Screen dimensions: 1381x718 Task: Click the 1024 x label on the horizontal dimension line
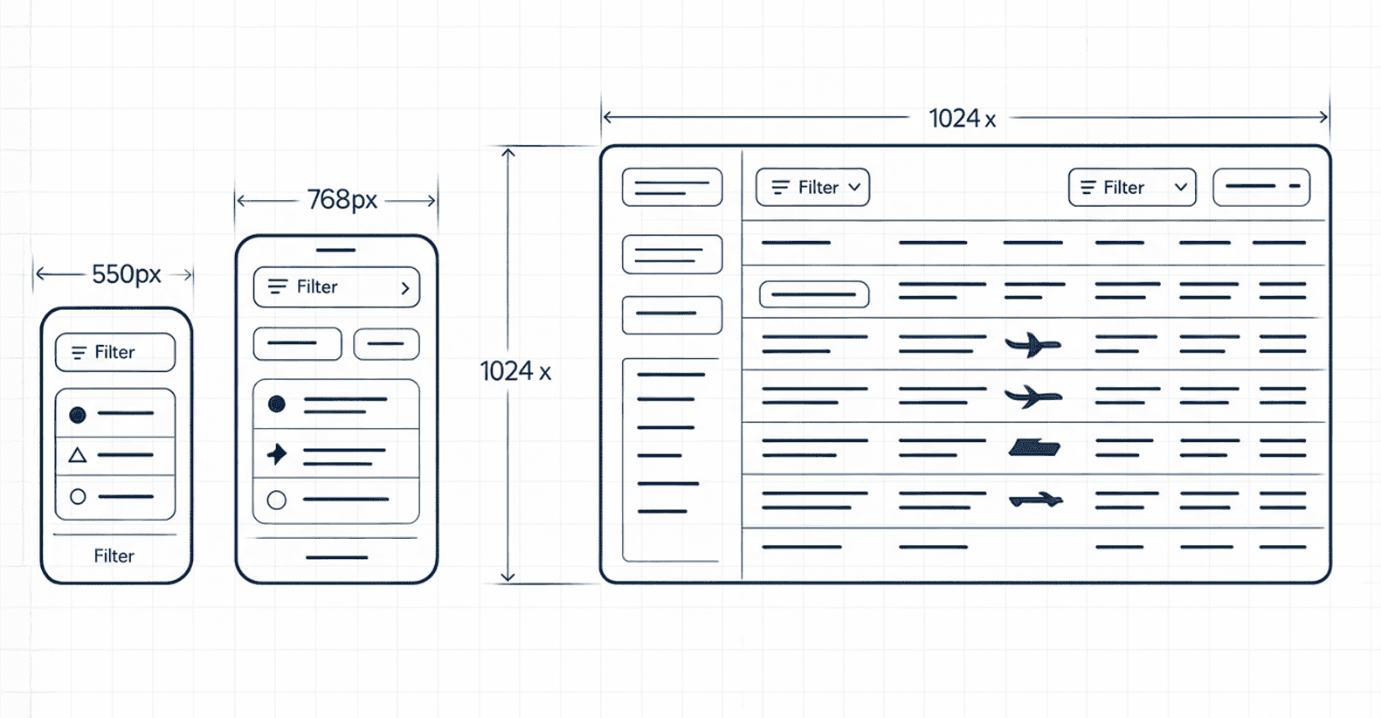(962, 118)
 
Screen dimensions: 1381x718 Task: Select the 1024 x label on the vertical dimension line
(515, 371)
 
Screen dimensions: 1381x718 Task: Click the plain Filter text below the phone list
(114, 556)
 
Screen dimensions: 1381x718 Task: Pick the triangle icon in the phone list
(78, 455)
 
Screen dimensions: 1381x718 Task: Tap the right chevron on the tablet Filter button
(404, 287)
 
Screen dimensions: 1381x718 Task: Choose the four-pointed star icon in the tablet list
(277, 453)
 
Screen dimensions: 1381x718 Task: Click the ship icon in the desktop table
(1034, 448)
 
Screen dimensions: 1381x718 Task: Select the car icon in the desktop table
(1035, 501)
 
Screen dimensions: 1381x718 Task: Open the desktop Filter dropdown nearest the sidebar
(812, 187)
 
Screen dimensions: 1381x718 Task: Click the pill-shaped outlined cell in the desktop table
(814, 294)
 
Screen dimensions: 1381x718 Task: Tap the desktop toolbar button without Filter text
(1261, 187)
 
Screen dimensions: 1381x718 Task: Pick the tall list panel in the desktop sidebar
(671, 459)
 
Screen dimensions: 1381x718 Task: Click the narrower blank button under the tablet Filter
(386, 344)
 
